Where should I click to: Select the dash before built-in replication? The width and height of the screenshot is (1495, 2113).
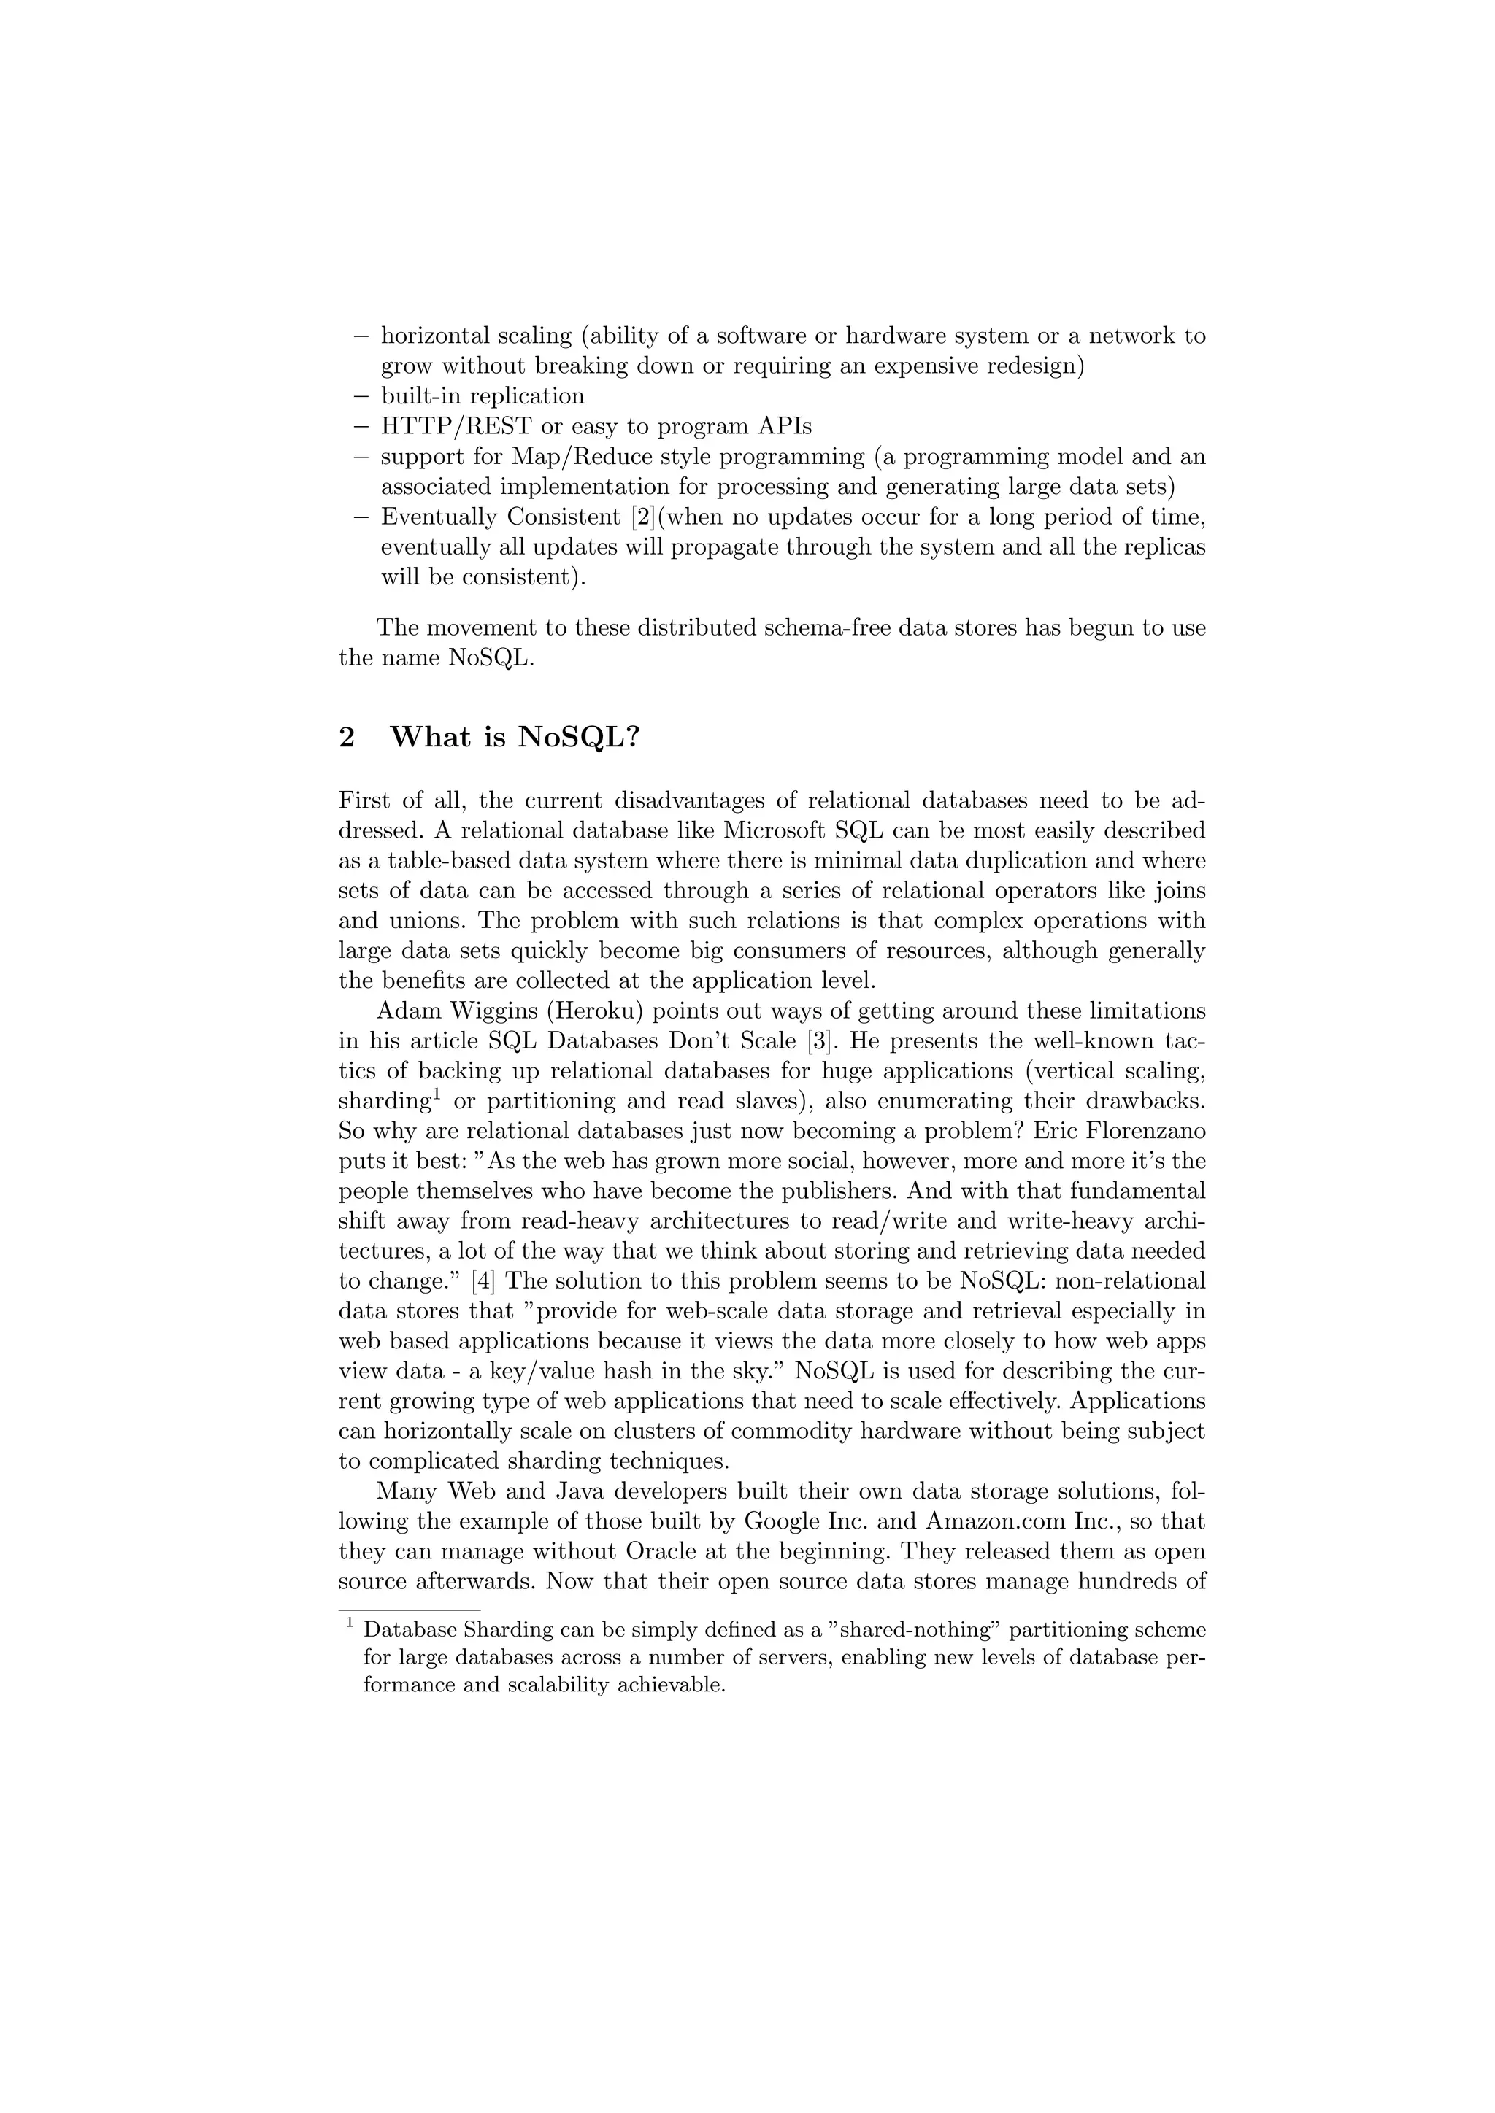tap(361, 397)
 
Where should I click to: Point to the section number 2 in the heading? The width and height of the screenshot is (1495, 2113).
tap(347, 737)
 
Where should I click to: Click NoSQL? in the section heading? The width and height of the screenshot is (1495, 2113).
tap(578, 737)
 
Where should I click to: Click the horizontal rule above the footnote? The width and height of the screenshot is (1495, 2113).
tap(397, 1610)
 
